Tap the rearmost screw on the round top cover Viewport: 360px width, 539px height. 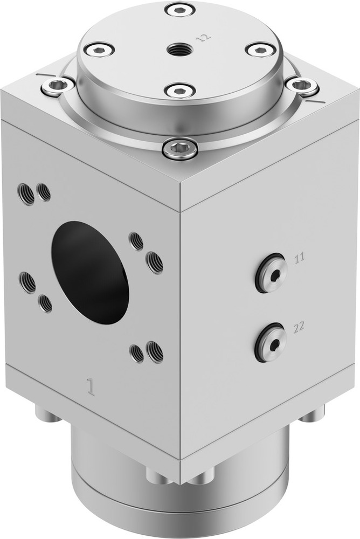181,9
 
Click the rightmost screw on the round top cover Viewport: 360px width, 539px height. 261,50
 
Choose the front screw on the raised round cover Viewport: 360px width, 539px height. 180,90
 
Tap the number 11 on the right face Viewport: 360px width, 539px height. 300,258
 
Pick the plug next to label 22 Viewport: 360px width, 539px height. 271,343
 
